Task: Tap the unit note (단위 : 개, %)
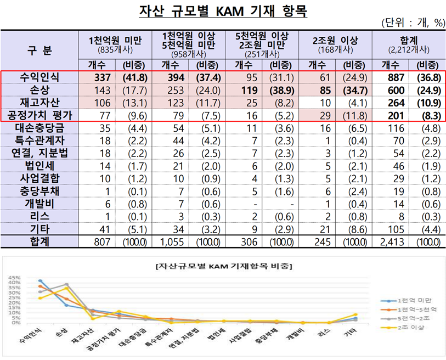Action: point(412,23)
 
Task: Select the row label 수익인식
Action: point(39,78)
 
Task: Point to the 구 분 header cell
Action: point(39,51)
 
